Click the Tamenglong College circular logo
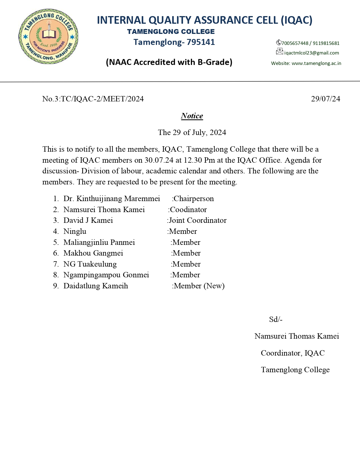[x=48, y=36]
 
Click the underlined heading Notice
[x=192, y=116]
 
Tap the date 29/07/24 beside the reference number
[x=326, y=99]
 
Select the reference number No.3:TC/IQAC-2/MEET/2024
[x=93, y=99]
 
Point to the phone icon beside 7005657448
[x=278, y=43]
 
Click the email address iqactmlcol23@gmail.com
[x=311, y=53]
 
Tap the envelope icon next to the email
[x=279, y=51]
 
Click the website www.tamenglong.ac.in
[x=316, y=63]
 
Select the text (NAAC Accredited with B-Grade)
[x=169, y=62]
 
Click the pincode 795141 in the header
[x=201, y=42]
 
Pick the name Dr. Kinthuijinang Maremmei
[x=112, y=199]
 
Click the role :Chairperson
[x=193, y=199]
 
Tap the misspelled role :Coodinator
[x=187, y=210]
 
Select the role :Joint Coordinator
[x=197, y=220]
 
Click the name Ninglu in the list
[x=75, y=231]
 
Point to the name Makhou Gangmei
[x=93, y=253]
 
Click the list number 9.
[x=56, y=286]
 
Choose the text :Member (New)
[x=198, y=286]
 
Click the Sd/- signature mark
[x=276, y=319]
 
